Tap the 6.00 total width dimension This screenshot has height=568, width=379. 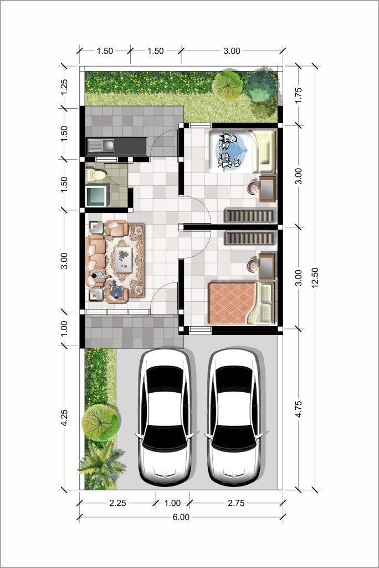point(181,517)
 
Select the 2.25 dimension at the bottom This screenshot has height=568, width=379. point(117,503)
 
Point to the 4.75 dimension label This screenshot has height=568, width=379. point(298,409)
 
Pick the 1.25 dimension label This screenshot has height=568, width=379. point(64,87)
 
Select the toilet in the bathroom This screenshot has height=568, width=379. point(96,174)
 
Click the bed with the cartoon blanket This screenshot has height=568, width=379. point(242,151)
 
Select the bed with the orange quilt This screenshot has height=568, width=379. point(241,303)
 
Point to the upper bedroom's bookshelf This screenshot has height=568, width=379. point(250,216)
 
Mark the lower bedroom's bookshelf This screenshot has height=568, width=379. point(250,237)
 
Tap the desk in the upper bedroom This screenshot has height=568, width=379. point(268,189)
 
